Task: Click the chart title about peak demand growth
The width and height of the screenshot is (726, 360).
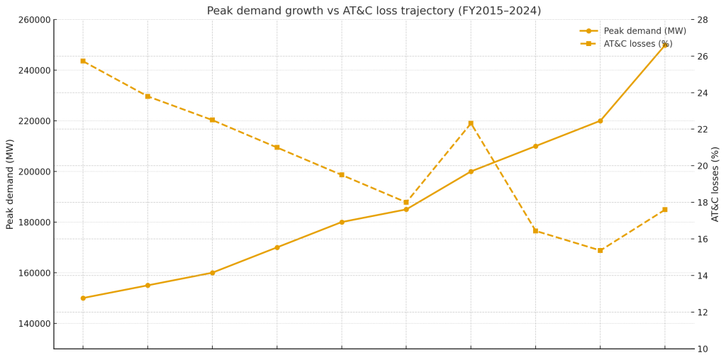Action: pyautogui.click(x=374, y=11)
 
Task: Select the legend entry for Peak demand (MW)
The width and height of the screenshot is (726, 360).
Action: pyautogui.click(x=644, y=31)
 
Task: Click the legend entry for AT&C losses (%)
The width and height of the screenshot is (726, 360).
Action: pyautogui.click(x=637, y=44)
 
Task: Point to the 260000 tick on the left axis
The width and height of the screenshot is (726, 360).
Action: pyautogui.click(x=31, y=20)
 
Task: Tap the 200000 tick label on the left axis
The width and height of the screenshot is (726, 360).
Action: pyautogui.click(x=31, y=171)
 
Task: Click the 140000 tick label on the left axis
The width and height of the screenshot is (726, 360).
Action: pyautogui.click(x=31, y=324)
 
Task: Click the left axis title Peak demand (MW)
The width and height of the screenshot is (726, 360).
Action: pyautogui.click(x=10, y=184)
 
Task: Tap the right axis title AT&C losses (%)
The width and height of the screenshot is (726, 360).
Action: pyautogui.click(x=715, y=184)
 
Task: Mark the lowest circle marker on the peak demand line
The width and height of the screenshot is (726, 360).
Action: pyautogui.click(x=83, y=298)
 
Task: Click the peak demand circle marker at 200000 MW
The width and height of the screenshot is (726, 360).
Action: pyautogui.click(x=471, y=171)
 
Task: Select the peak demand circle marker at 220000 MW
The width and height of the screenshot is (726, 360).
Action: pyautogui.click(x=600, y=121)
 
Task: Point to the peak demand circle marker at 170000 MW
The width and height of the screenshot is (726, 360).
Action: pyautogui.click(x=277, y=247)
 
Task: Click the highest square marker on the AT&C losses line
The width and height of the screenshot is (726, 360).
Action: pyautogui.click(x=83, y=61)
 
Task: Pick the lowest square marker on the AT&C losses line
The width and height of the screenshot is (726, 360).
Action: pyautogui.click(x=600, y=250)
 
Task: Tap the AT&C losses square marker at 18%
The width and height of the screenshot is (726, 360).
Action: pyautogui.click(x=406, y=203)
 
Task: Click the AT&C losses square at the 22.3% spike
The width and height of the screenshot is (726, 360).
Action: pyautogui.click(x=471, y=123)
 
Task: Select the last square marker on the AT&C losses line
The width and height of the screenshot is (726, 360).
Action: pyautogui.click(x=665, y=210)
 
